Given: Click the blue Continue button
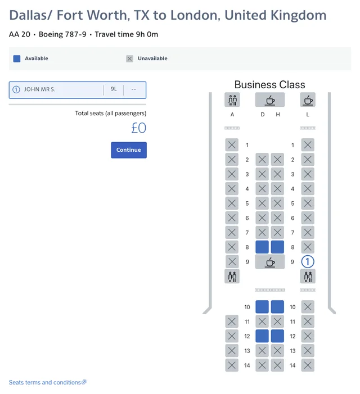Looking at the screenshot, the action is click(129, 150).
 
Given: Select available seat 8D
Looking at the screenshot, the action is click(262, 247).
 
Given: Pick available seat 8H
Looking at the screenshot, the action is click(277, 247).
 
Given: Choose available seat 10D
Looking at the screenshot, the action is click(262, 307).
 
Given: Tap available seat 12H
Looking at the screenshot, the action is click(277, 336).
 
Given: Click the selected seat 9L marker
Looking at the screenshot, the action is click(308, 261).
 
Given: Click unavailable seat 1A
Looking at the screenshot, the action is click(232, 145).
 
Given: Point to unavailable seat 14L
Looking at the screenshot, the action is click(308, 365).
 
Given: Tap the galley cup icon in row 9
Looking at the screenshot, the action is click(270, 262).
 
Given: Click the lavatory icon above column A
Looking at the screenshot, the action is click(232, 99).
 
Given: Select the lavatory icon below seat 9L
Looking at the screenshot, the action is click(308, 277).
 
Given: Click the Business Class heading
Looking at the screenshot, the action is click(270, 85).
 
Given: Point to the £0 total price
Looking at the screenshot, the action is click(138, 128).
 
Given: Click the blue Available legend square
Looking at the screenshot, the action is click(17, 58).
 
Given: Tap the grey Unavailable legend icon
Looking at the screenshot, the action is click(129, 58).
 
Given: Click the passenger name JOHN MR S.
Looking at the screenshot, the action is click(39, 89).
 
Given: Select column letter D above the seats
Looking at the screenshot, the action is click(263, 115).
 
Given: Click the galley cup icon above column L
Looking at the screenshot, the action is click(308, 99).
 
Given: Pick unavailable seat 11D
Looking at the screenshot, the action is click(262, 321).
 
